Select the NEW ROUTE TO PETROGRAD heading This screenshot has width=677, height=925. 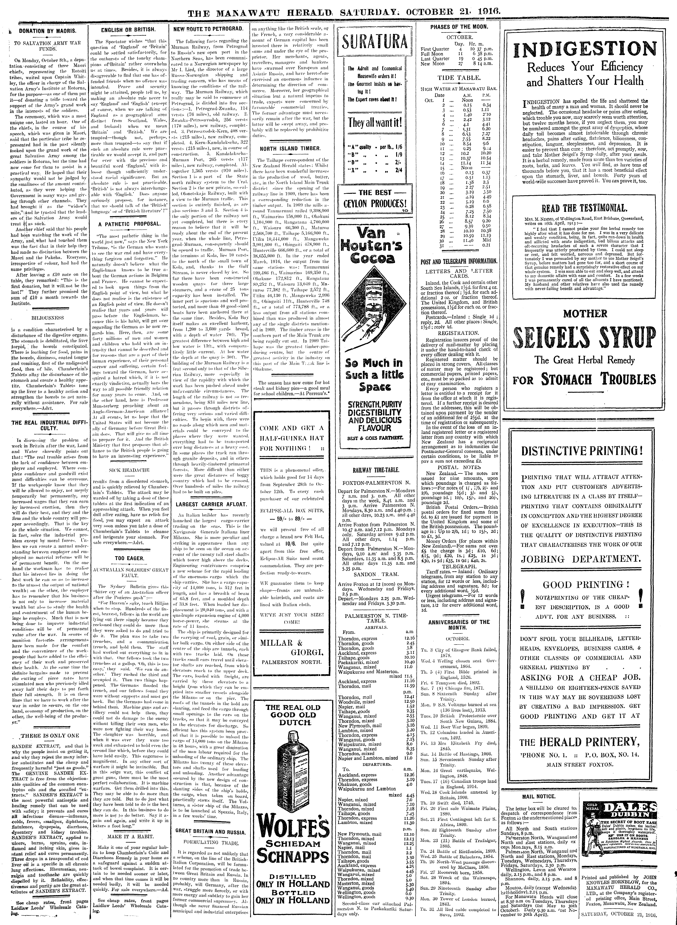click(209, 29)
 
